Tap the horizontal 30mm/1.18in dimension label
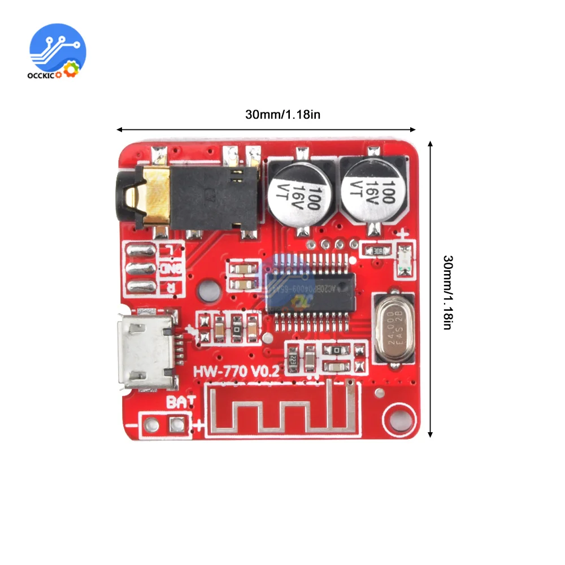282,114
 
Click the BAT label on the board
181,402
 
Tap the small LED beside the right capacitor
404,260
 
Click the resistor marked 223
294,358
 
